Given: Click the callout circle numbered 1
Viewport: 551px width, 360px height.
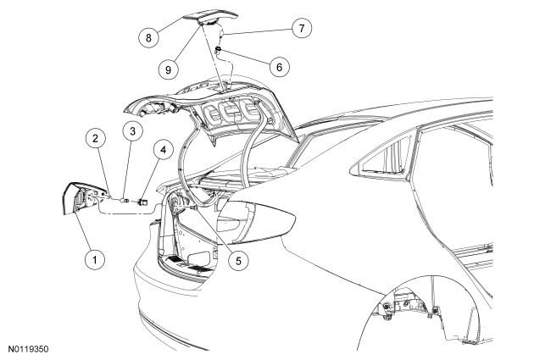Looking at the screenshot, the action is click(99, 259).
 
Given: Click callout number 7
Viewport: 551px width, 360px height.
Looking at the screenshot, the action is click(298, 26).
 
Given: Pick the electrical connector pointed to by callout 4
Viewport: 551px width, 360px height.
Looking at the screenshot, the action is click(143, 202).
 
